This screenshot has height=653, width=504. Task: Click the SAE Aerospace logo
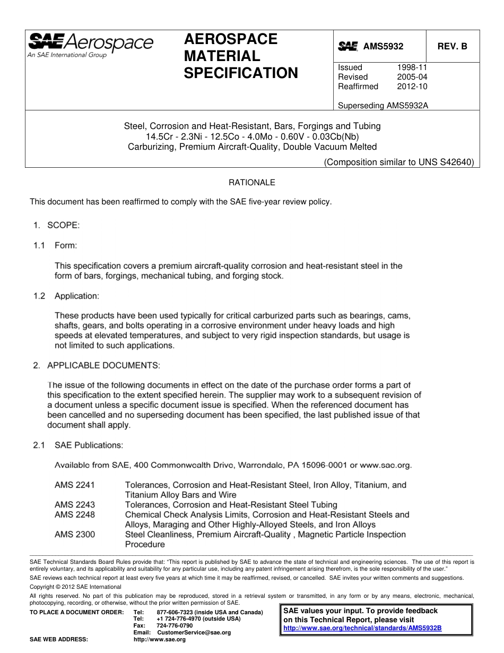click(90, 45)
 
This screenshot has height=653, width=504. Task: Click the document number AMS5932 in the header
click(383, 47)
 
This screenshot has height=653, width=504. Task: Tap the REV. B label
click(452, 47)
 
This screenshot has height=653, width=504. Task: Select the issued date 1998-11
click(412, 67)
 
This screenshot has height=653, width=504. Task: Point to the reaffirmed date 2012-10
click(412, 87)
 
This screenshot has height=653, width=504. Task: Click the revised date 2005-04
click(412, 77)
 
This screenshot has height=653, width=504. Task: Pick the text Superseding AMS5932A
click(383, 106)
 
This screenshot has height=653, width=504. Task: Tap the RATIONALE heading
click(252, 183)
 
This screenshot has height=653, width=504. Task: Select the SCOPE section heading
click(63, 225)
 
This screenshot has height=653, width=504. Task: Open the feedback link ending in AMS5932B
click(362, 628)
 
